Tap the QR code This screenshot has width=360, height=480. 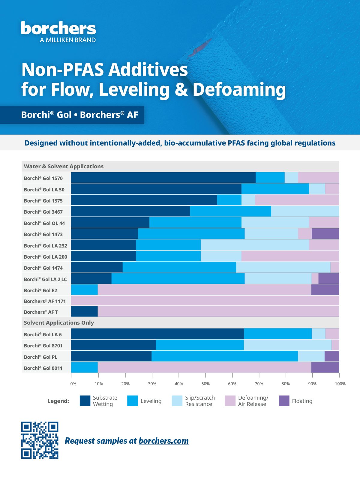(40, 440)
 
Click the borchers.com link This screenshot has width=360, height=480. (163, 441)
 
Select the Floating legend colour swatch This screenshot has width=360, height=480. (284, 401)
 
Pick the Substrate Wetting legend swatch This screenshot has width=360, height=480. (85, 401)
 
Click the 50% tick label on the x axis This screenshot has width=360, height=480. (205, 384)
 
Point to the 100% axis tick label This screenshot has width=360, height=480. (340, 384)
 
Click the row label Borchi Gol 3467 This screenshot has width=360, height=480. (43, 212)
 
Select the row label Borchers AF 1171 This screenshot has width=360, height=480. (45, 301)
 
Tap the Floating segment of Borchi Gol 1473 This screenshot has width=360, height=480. (325, 233)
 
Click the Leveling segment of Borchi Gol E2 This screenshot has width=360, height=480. (84, 290)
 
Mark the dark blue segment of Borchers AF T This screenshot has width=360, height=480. (84, 311)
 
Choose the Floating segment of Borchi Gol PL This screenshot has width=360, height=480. (332, 356)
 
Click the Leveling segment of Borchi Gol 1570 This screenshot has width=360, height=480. (270, 177)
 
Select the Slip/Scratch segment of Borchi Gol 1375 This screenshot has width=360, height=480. (248, 200)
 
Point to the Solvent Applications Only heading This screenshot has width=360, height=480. (59, 323)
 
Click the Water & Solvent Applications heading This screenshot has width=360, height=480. (64, 166)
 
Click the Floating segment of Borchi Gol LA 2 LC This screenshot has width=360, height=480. (329, 278)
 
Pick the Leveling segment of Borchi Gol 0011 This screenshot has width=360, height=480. (84, 367)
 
